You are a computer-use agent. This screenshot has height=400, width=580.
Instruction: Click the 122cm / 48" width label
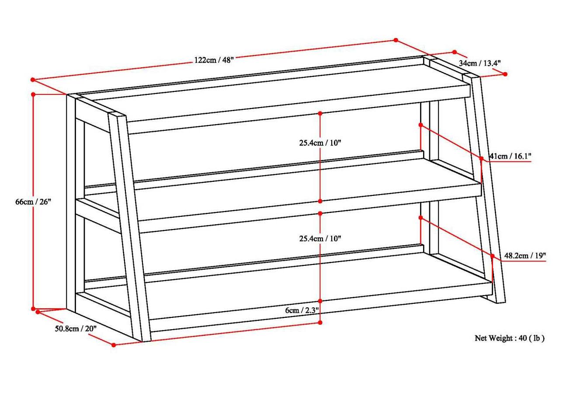(x=214, y=60)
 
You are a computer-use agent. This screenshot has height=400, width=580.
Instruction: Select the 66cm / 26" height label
(x=33, y=202)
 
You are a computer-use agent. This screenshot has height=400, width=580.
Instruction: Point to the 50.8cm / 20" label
(x=76, y=329)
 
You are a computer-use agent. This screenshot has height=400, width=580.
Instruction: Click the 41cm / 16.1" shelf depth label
(x=510, y=156)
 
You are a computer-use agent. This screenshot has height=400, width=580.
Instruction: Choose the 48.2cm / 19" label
(x=525, y=256)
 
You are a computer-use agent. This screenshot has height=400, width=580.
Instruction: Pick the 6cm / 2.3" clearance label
(x=302, y=310)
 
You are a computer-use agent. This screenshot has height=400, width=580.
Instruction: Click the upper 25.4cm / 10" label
(x=320, y=143)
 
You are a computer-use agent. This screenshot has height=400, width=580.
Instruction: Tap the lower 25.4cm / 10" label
(x=320, y=238)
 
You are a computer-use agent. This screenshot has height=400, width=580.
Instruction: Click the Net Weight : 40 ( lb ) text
(x=510, y=338)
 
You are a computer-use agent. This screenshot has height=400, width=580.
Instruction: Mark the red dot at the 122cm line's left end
(x=33, y=80)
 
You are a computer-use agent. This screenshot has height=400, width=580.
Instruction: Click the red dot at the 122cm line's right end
(x=396, y=40)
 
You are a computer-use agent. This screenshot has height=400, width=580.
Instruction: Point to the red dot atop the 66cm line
(x=33, y=94)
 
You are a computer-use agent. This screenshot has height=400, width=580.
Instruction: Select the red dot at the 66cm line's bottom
(x=33, y=309)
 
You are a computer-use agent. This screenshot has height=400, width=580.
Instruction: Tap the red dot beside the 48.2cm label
(x=492, y=256)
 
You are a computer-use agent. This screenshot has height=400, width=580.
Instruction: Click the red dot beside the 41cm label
(x=481, y=158)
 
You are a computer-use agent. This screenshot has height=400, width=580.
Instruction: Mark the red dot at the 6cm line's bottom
(x=320, y=323)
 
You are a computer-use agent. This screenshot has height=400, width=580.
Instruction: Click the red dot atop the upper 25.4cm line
(x=320, y=113)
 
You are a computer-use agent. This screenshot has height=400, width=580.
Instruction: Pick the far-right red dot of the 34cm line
(x=505, y=74)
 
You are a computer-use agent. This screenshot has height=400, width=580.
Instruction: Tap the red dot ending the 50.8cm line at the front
(x=113, y=345)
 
